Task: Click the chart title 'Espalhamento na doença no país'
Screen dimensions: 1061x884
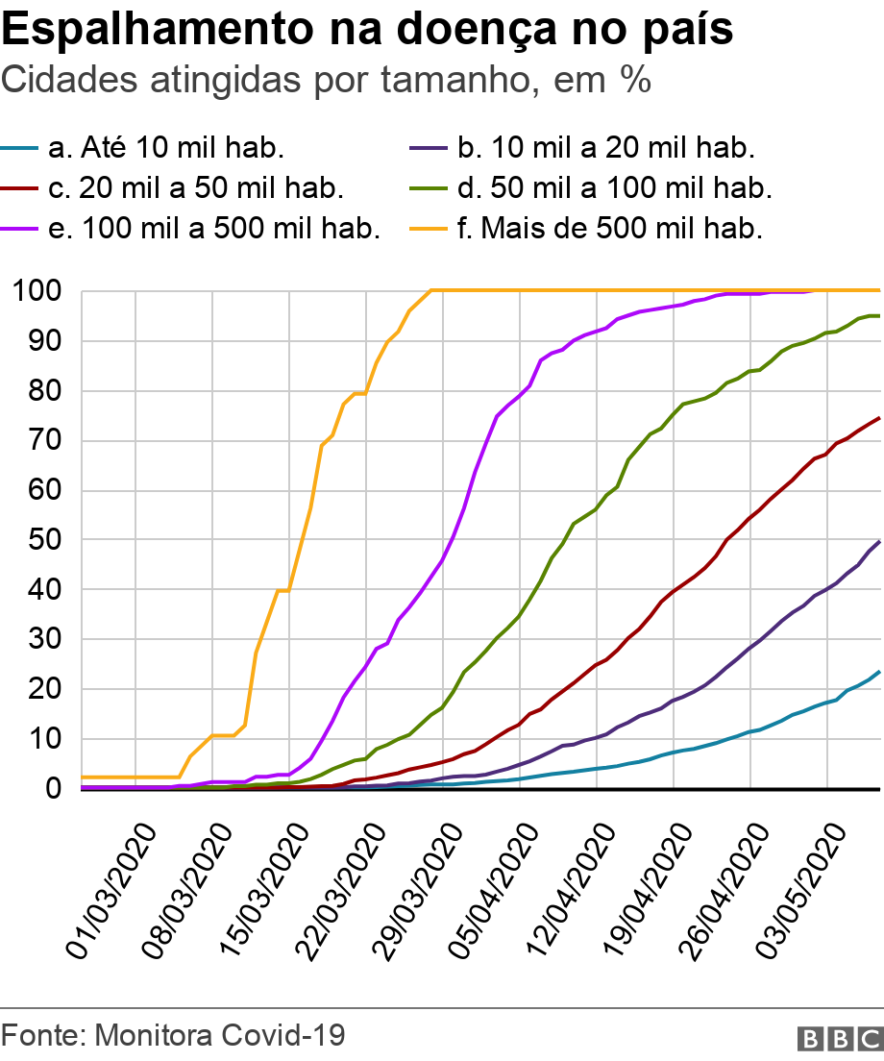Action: pyautogui.click(x=368, y=31)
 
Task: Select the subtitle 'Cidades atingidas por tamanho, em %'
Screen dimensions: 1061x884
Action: pyautogui.click(x=327, y=81)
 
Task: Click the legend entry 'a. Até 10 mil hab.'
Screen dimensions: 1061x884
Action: pyautogui.click(x=164, y=148)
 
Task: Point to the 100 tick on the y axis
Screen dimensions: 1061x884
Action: pyautogui.click(x=38, y=291)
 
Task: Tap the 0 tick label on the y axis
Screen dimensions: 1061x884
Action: pyautogui.click(x=54, y=788)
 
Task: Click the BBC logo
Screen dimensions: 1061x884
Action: pyautogui.click(x=839, y=1038)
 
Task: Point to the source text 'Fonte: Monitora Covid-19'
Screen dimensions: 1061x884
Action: pyautogui.click(x=174, y=1035)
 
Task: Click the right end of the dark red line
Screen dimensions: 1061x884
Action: pyautogui.click(x=879, y=418)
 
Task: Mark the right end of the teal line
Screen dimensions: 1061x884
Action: pyautogui.click(x=879, y=672)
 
